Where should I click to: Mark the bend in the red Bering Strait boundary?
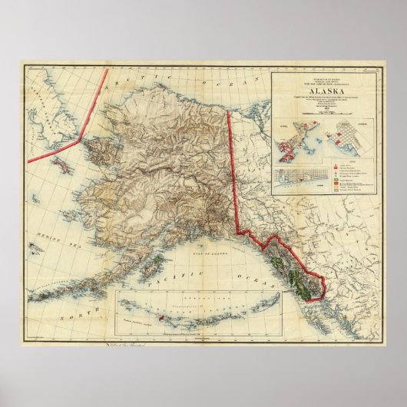coord(81,139)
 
